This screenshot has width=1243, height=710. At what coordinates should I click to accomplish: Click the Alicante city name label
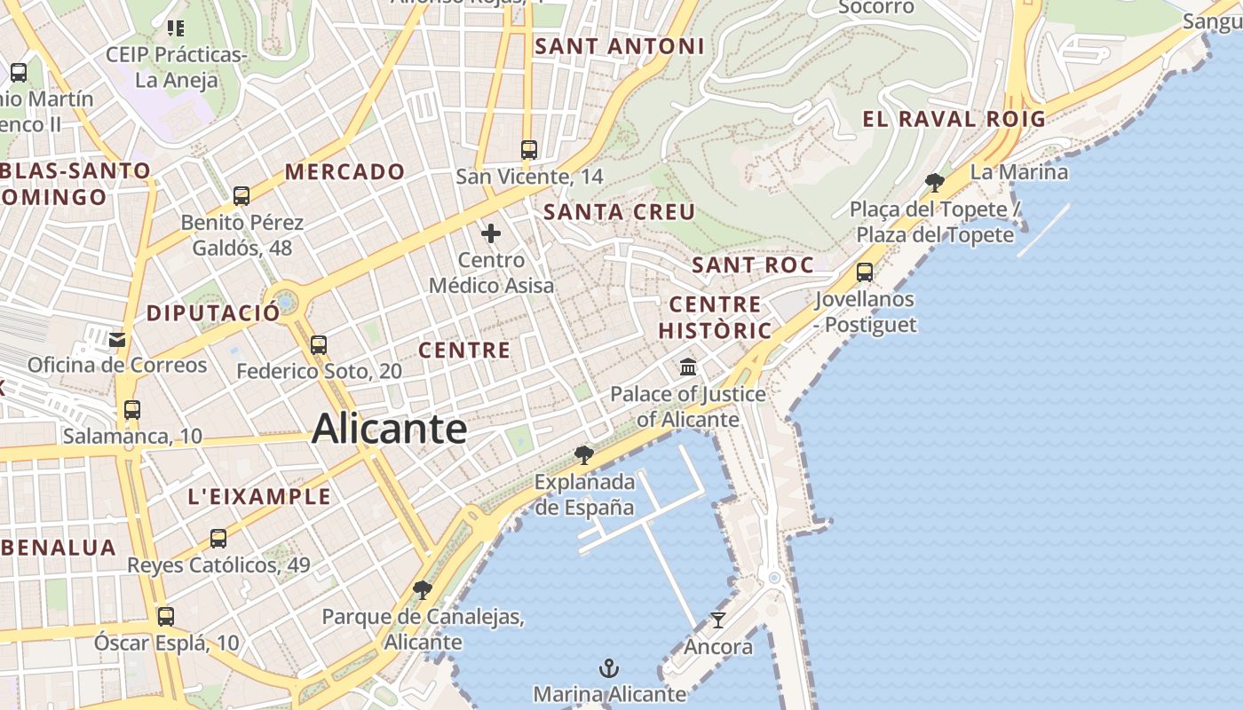pyautogui.click(x=389, y=430)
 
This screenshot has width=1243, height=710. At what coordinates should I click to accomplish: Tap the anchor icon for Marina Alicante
pyautogui.click(x=609, y=668)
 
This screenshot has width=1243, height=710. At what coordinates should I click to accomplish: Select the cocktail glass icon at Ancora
pyautogui.click(x=718, y=620)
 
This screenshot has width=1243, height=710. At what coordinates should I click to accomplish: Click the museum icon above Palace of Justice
pyautogui.click(x=688, y=366)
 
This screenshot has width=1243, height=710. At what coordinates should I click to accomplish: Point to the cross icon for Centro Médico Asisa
pyautogui.click(x=491, y=234)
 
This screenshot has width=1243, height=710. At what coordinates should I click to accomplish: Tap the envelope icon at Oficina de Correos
pyautogui.click(x=117, y=338)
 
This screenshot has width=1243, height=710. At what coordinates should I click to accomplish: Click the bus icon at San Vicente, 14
pyautogui.click(x=529, y=149)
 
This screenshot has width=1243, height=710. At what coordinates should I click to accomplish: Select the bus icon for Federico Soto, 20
pyautogui.click(x=319, y=344)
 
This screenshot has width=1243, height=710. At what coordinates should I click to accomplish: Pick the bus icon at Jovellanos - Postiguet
pyautogui.click(x=865, y=272)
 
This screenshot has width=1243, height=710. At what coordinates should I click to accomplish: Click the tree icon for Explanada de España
pyautogui.click(x=583, y=455)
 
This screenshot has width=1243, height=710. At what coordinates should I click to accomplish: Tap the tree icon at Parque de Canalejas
pyautogui.click(x=423, y=590)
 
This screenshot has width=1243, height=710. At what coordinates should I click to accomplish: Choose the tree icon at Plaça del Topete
pyautogui.click(x=934, y=183)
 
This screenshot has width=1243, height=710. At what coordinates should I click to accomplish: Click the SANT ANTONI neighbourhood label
pyautogui.click(x=620, y=46)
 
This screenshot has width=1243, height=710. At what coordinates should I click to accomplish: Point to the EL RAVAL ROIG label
pyautogui.click(x=954, y=119)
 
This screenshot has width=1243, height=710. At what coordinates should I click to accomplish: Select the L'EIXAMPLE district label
pyautogui.click(x=259, y=497)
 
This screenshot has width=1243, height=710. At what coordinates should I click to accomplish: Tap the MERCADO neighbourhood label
pyautogui.click(x=344, y=171)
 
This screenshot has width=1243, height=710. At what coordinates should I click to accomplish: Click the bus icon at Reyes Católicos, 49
pyautogui.click(x=218, y=538)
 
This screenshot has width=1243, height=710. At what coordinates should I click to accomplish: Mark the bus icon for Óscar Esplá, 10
pyautogui.click(x=166, y=616)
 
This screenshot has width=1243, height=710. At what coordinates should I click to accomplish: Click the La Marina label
pyautogui.click(x=1019, y=171)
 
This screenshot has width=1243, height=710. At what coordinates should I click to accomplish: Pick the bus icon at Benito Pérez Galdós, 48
pyautogui.click(x=241, y=195)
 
